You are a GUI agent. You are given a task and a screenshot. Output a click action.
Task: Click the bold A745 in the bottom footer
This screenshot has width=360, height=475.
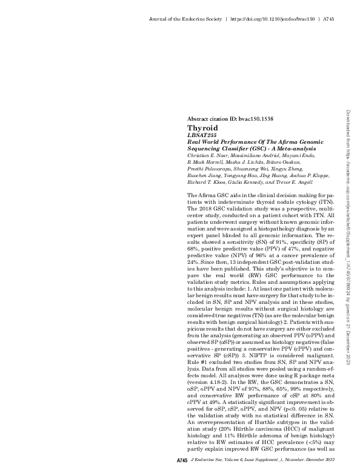point(182,462)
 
